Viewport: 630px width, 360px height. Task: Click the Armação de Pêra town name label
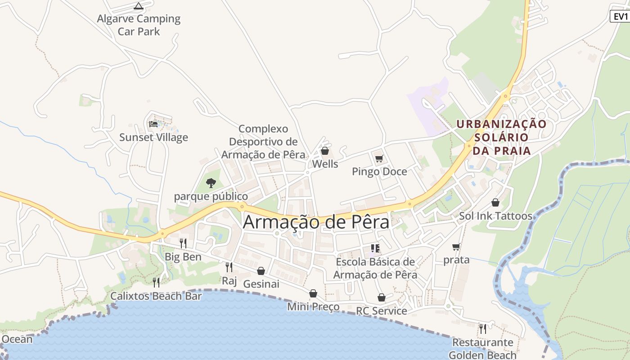tap(316, 222)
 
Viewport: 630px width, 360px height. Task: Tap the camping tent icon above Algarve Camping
tap(139, 6)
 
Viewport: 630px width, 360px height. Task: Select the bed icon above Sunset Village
tap(153, 124)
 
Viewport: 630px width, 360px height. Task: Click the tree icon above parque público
tap(211, 183)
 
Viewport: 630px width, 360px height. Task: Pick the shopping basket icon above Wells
tap(324, 151)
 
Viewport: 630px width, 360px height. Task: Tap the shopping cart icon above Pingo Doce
tap(379, 158)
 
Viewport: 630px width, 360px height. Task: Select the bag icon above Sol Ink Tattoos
tap(495, 202)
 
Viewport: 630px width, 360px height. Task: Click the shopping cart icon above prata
tap(456, 247)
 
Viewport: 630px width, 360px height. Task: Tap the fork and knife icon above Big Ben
tap(183, 243)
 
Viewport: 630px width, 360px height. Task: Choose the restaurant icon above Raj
tap(229, 267)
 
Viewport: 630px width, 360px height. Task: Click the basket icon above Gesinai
tap(261, 271)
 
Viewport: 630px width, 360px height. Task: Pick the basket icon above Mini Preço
tap(313, 294)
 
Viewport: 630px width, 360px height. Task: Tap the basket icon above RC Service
tap(381, 297)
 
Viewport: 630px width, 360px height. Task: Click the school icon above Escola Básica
tap(375, 248)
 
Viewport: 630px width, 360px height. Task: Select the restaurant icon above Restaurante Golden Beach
tap(482, 329)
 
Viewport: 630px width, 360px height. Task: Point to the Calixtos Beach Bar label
tap(156, 296)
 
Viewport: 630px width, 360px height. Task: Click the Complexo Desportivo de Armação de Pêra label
tap(263, 141)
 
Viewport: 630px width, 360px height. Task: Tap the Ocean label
tap(17, 339)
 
